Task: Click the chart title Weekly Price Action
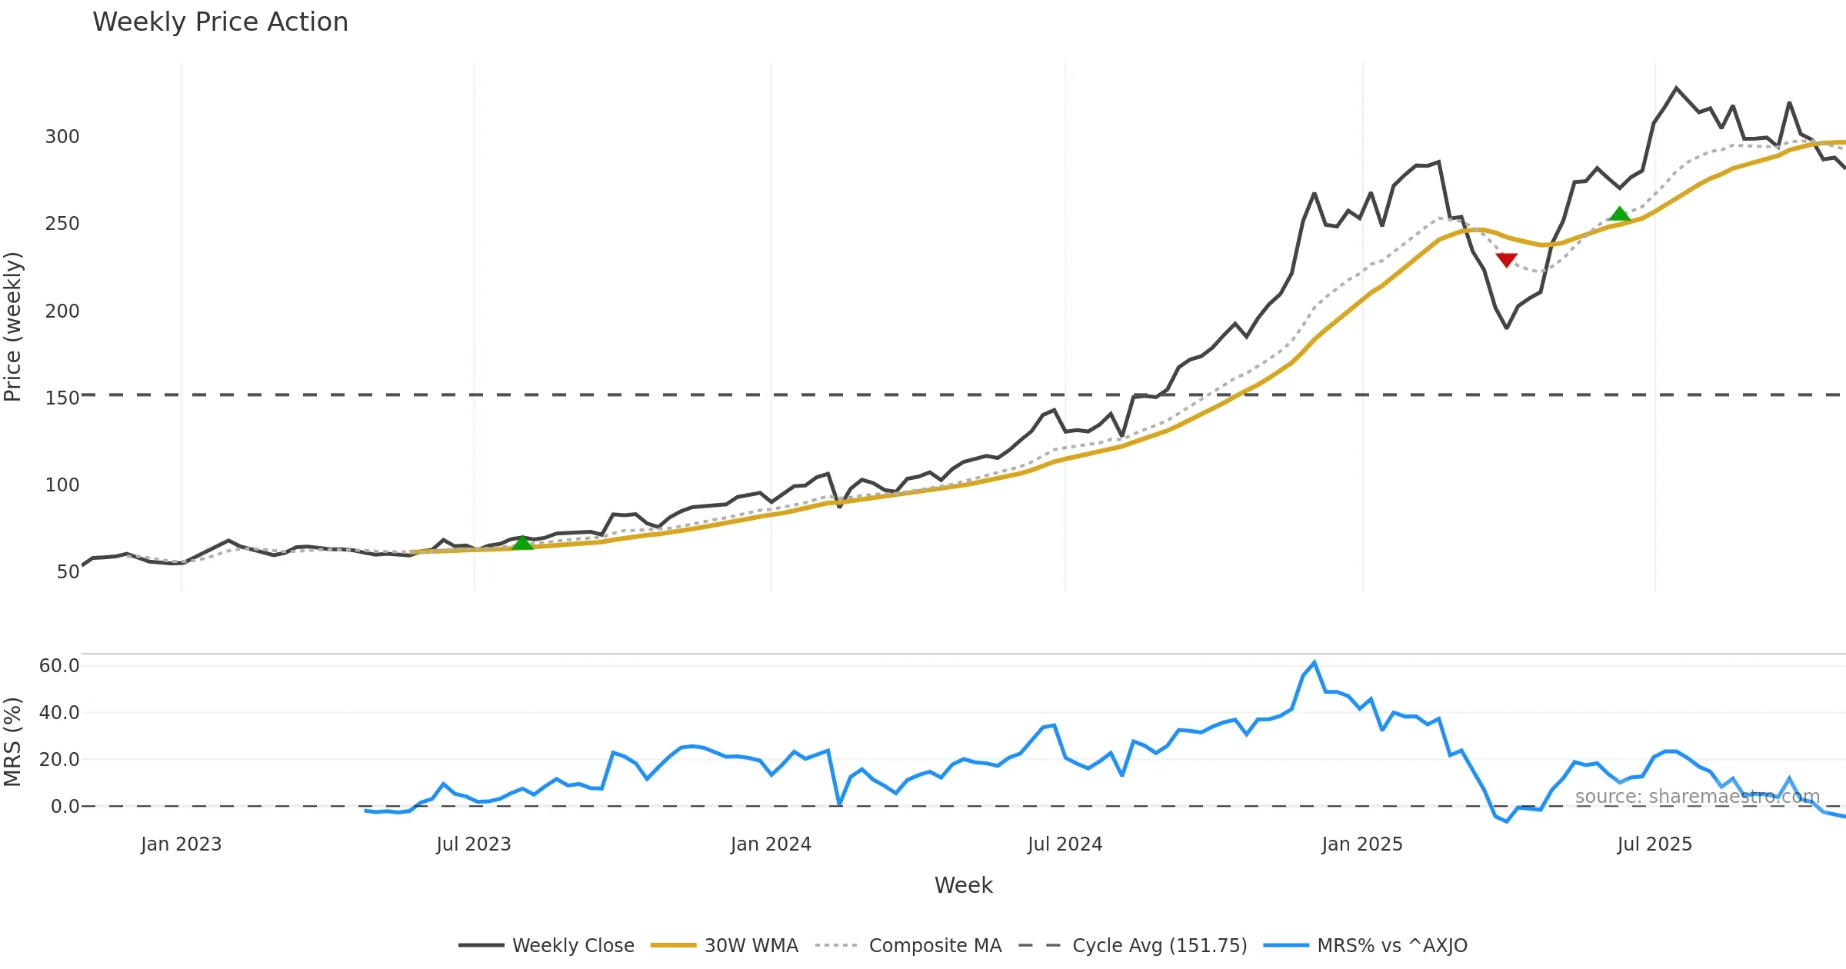[x=220, y=22]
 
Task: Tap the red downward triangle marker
[x=1506, y=260]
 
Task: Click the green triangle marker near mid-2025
[x=1619, y=214]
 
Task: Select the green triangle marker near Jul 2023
[x=522, y=543]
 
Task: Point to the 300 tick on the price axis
[x=62, y=137]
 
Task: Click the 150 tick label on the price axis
[x=62, y=398]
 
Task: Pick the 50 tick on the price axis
[x=68, y=572]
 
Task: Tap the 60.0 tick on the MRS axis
[x=59, y=666]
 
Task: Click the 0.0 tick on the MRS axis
[x=65, y=807]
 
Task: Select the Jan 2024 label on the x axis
[x=771, y=844]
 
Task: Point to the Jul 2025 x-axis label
[x=1654, y=844]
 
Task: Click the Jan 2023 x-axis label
[x=181, y=844]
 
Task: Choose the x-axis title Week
[x=963, y=886]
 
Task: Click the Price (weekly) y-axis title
[x=13, y=327]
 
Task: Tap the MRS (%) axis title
[x=13, y=742]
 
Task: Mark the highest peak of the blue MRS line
[x=1314, y=662]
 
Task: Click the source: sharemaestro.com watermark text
[x=1697, y=797]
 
